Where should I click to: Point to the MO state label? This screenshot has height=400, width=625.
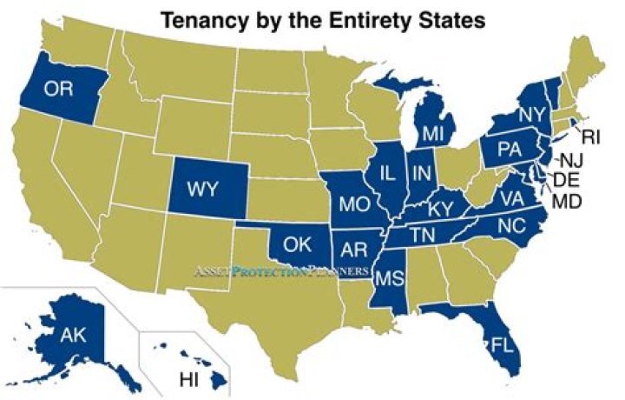tap(353, 205)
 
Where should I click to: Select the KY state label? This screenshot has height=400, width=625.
tap(442, 209)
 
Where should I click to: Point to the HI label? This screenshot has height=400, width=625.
tap(188, 379)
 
